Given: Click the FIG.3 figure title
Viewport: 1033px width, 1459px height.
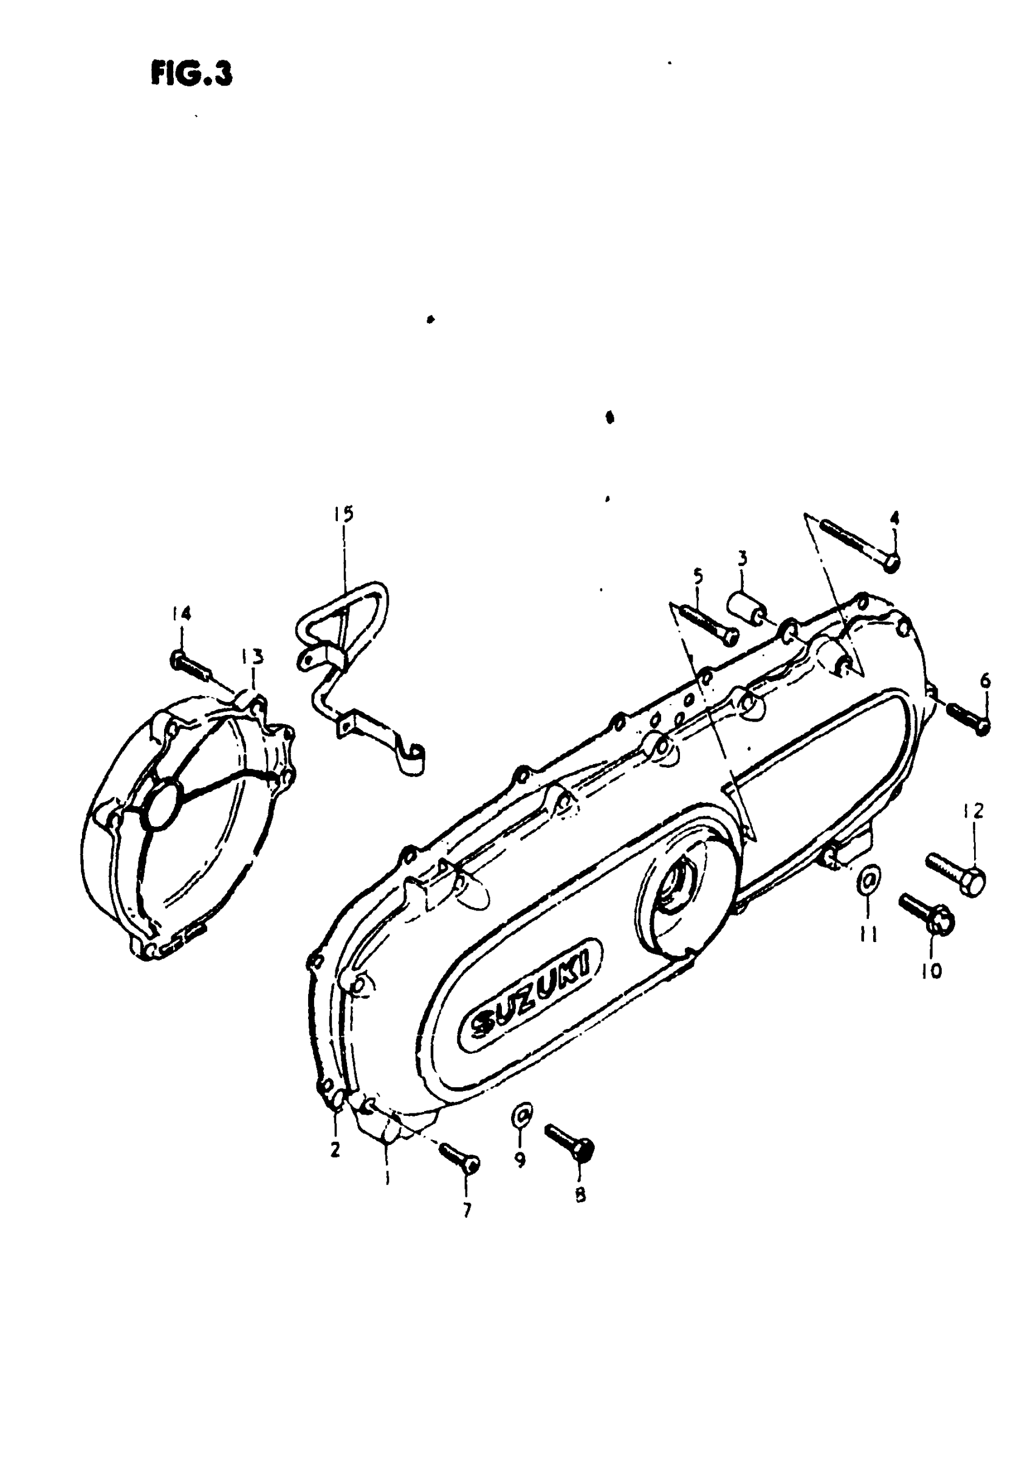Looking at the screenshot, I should (191, 74).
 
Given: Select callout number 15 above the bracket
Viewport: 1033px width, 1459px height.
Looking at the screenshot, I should (343, 514).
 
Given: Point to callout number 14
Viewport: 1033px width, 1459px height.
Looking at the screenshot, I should (180, 613).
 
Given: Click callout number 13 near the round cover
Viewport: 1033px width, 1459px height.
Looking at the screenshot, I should (252, 656).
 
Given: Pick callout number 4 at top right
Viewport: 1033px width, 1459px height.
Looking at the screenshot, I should (894, 518).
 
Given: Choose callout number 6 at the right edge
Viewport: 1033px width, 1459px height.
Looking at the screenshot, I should (984, 682).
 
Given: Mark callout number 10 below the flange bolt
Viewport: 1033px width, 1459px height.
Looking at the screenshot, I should (932, 971).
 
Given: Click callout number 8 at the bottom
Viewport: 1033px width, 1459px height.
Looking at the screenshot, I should (580, 1196).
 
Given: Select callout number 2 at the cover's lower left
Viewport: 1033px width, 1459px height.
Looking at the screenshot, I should (335, 1149).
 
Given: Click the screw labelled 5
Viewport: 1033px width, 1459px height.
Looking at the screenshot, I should (708, 622).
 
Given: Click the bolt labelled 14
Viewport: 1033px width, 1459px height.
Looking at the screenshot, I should (190, 665).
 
